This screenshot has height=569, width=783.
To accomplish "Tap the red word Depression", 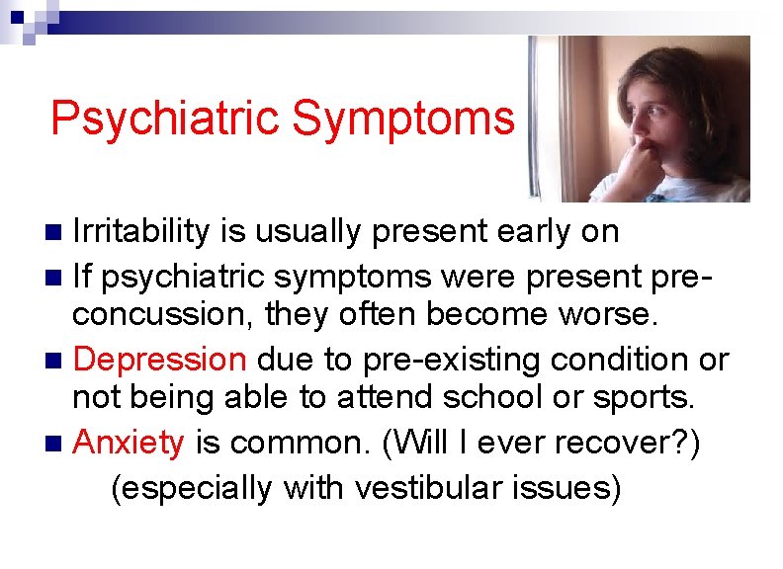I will coord(159,360).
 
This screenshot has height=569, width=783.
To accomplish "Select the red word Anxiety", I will coord(129,444).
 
